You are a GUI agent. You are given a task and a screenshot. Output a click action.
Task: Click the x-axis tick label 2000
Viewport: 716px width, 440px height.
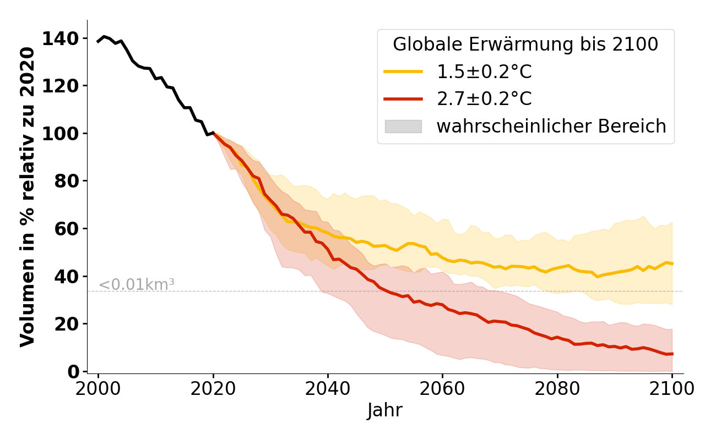click(x=99, y=389)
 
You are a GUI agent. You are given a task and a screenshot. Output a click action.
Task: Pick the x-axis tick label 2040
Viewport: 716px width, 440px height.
click(x=328, y=389)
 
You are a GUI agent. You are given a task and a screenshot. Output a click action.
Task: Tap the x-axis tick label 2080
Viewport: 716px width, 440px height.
click(x=557, y=389)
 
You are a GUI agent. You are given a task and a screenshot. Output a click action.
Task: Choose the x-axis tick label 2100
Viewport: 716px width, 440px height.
click(x=672, y=389)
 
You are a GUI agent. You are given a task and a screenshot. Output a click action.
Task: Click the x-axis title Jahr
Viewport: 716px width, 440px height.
click(x=384, y=411)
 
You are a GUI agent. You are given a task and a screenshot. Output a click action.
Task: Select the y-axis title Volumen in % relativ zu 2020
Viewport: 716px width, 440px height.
click(x=28, y=196)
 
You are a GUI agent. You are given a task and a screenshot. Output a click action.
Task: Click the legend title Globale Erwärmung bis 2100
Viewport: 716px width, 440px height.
click(x=525, y=45)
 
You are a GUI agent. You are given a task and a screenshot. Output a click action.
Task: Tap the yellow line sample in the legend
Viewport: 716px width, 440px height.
click(x=403, y=71)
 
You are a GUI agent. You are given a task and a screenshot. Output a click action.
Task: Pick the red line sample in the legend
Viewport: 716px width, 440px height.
click(x=403, y=99)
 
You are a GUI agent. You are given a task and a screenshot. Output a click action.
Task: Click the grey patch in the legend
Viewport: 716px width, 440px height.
click(x=403, y=127)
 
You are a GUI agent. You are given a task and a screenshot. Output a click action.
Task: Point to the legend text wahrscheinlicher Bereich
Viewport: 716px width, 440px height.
click(x=551, y=127)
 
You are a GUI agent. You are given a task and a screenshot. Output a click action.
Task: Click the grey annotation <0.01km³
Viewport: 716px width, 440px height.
click(x=137, y=285)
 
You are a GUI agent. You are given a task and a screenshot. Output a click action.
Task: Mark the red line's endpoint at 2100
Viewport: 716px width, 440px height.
click(x=672, y=354)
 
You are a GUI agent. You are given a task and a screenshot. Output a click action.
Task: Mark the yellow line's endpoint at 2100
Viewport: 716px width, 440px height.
click(x=672, y=263)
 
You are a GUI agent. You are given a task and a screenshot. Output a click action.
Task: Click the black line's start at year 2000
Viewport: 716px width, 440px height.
click(x=99, y=41)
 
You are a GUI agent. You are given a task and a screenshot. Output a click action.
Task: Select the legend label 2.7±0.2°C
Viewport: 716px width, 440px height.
click(x=484, y=99)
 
